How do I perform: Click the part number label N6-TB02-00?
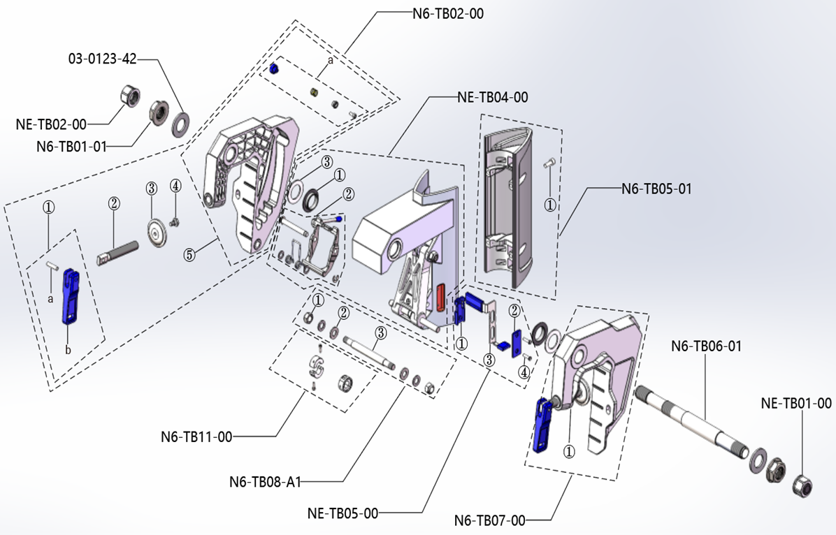tap(447, 13)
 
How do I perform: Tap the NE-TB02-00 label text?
tap(51, 124)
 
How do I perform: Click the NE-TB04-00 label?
tap(492, 97)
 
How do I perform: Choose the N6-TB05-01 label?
tap(656, 188)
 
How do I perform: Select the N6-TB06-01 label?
tap(706, 346)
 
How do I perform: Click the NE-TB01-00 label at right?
tap(796, 403)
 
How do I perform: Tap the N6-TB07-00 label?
tap(489, 520)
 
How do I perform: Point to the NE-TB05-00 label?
tap(343, 513)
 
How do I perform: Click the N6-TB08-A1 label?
tap(264, 481)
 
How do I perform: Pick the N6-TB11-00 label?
tap(196, 437)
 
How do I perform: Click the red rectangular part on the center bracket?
tap(441, 296)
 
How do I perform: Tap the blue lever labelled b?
tap(71, 297)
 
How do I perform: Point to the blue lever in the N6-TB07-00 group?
tap(542, 424)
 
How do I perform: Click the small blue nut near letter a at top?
tap(275, 68)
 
